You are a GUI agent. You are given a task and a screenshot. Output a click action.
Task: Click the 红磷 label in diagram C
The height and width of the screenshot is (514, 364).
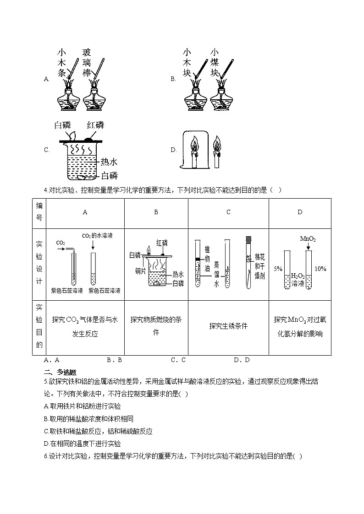coord(95,125)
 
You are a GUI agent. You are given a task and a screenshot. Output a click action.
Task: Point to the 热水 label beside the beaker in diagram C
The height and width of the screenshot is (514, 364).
coord(110,162)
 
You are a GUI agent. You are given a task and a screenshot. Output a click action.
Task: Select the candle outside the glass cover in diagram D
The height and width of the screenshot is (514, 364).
coord(217,155)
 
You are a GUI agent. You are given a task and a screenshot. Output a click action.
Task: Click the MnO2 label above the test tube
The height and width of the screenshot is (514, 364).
coord(308,239)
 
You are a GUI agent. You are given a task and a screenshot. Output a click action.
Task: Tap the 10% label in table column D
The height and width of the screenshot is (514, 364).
coord(320,269)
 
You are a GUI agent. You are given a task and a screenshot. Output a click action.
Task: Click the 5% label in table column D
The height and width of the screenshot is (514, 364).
coord(277,269)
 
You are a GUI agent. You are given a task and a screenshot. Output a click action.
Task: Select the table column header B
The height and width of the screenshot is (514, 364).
coord(156,212)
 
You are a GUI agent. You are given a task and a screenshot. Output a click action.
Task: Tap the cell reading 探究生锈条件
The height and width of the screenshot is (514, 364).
coord(228,326)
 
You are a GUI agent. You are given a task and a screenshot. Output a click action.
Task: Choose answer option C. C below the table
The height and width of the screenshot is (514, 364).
coord(178,360)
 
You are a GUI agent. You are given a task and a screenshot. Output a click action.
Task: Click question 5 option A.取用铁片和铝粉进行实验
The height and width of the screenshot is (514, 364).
coord(82,406)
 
